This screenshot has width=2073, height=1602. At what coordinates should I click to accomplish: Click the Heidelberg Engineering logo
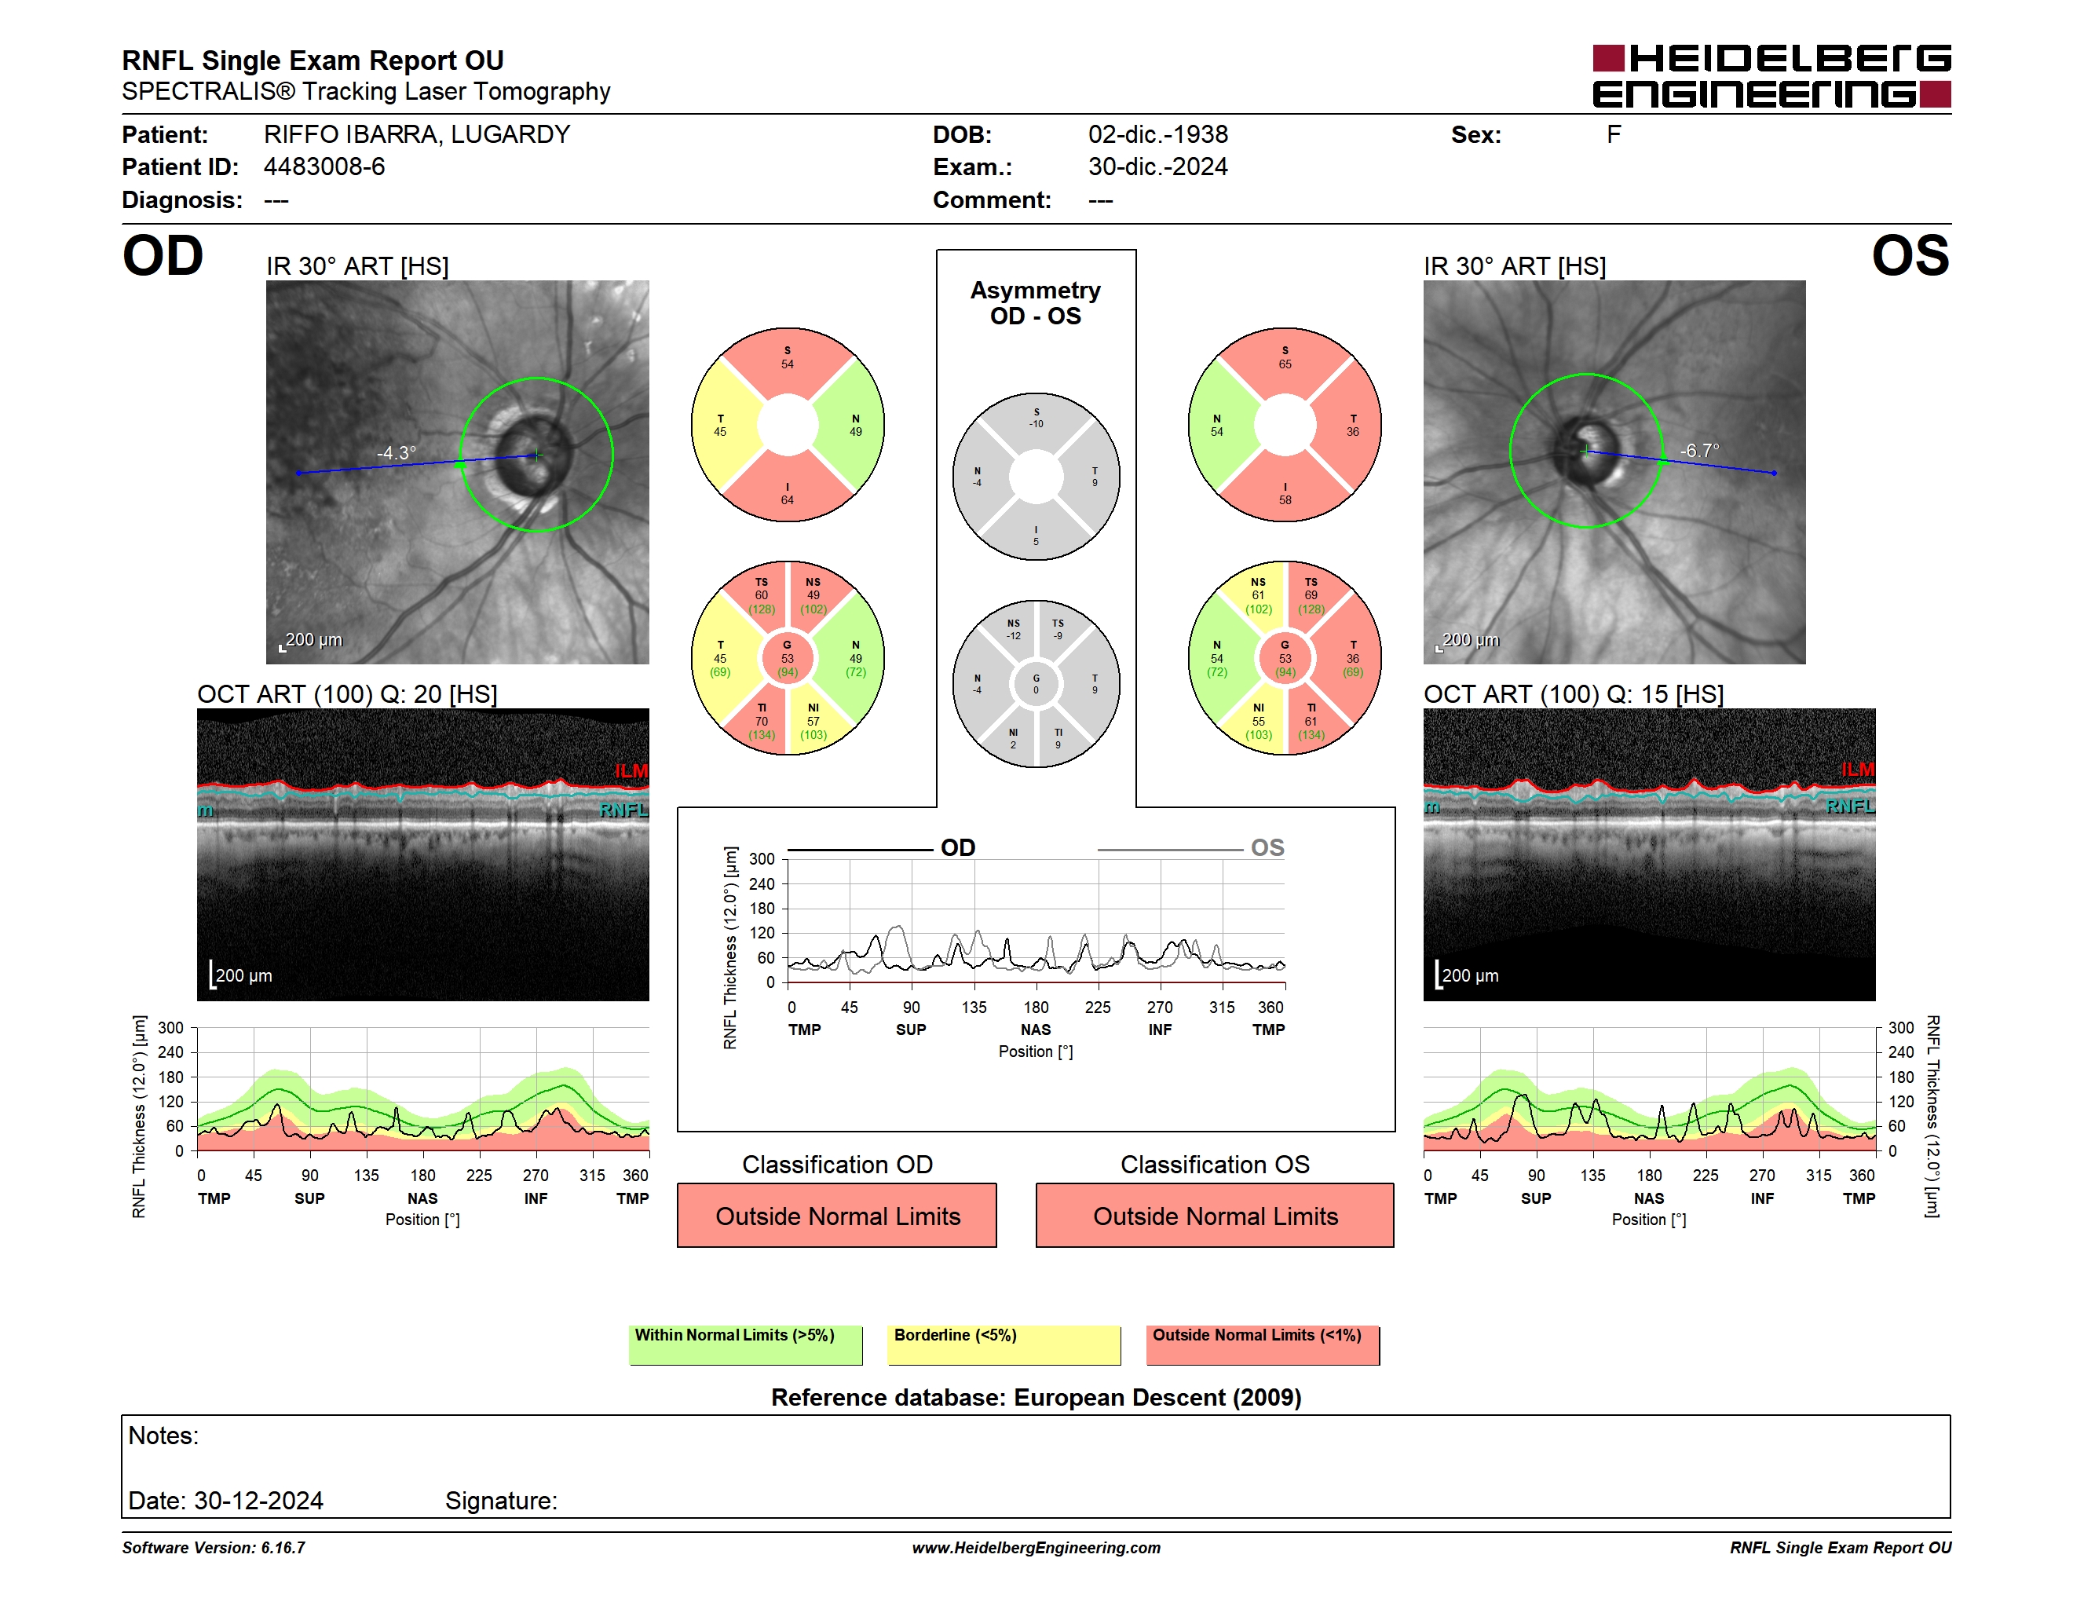click(1771, 76)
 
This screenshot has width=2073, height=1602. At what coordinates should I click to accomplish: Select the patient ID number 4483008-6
click(324, 167)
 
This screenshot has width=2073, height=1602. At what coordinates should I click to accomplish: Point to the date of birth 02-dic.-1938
click(1158, 135)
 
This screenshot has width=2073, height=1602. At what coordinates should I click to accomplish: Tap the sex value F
click(1614, 135)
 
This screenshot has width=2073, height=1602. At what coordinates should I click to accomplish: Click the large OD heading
click(163, 256)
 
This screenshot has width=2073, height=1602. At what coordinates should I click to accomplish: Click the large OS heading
click(1910, 256)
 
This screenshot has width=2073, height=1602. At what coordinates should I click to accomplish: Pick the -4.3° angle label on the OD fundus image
click(396, 452)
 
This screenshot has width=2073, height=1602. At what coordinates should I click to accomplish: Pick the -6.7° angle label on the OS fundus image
click(1699, 450)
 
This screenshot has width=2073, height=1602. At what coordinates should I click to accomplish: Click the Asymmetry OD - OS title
click(1036, 303)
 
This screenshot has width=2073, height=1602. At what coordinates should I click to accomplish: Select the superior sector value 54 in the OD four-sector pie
click(788, 358)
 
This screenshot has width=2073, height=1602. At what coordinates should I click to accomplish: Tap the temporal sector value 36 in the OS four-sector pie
click(1353, 425)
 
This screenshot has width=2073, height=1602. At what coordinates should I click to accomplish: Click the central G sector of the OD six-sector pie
click(788, 658)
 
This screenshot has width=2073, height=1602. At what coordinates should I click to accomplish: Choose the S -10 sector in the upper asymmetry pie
click(1036, 419)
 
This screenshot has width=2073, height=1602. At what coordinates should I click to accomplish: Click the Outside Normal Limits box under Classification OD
click(837, 1216)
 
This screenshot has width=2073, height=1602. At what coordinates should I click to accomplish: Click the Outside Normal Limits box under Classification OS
click(1215, 1216)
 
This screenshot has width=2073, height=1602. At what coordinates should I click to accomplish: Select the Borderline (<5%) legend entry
click(1004, 1344)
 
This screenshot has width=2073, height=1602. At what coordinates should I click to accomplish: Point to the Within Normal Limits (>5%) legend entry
click(746, 1344)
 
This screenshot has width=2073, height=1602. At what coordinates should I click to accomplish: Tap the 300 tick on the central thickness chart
click(762, 859)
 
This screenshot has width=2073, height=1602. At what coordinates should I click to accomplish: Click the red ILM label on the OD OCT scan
click(631, 770)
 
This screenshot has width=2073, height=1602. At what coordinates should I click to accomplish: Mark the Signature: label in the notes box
click(501, 1501)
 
